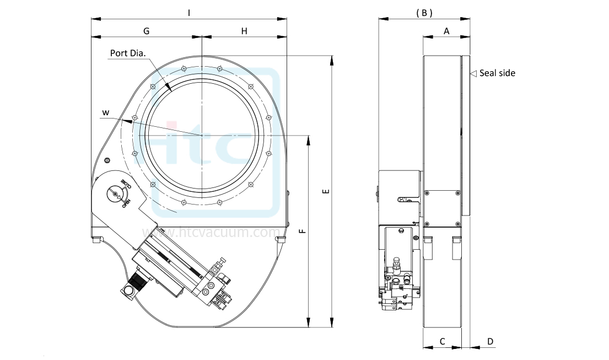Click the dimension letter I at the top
[189, 12]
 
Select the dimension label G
[147, 31]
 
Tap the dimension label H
[244, 31]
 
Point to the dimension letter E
[326, 191]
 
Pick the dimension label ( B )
[423, 12]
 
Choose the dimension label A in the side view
[446, 31]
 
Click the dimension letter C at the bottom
[442, 342]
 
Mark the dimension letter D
[490, 342]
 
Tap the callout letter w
[105, 113]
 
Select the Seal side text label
[497, 73]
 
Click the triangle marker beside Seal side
[472, 73]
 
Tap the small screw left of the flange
[107, 160]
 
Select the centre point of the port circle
[202, 135]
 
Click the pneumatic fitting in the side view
[396, 268]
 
